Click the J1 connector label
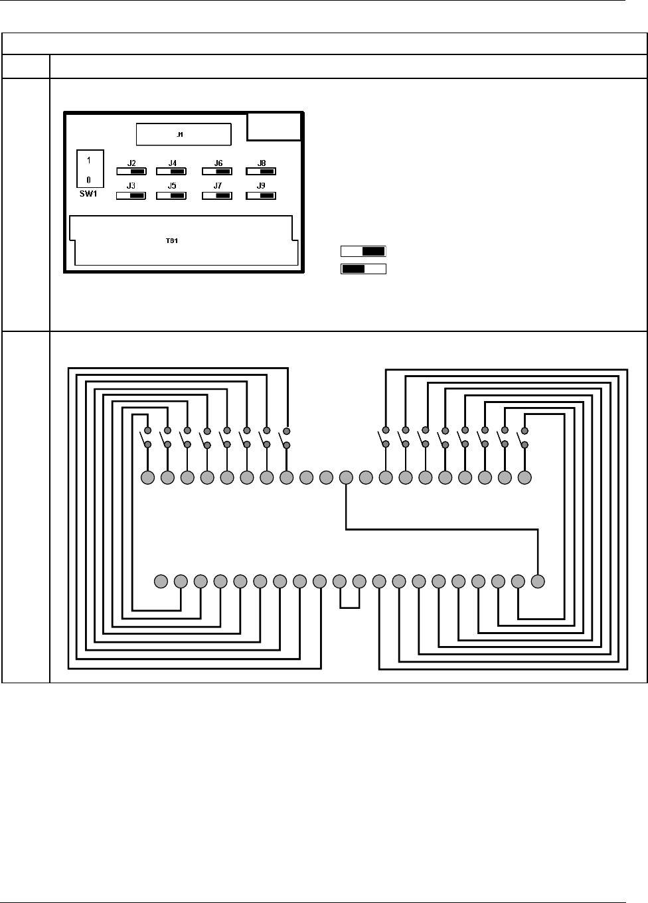180,135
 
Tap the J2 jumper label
131,163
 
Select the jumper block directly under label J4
171,171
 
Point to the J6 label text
218,163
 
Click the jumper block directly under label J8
261,171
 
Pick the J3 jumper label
131,187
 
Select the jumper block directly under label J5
171,196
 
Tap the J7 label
218,187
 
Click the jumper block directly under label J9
261,196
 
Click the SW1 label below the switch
88,195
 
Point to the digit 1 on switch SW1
89,160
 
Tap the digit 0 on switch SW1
89,180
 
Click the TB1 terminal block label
171,240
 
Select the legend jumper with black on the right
363,252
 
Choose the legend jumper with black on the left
363,269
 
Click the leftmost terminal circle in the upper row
147,477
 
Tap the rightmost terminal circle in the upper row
525,477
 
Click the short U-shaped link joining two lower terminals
349,606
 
